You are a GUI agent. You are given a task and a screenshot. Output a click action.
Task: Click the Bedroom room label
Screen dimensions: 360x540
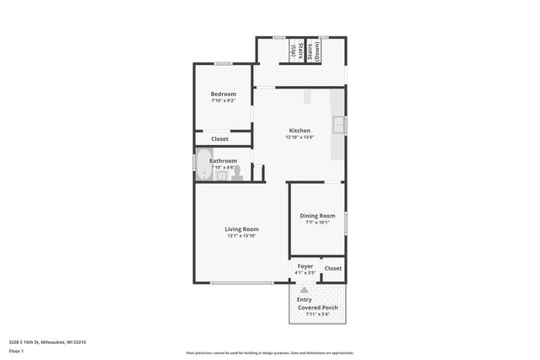(223, 94)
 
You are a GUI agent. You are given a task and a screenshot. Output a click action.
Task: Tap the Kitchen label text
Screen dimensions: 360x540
(300, 131)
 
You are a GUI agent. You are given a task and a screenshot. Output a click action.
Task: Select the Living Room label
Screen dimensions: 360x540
(241, 228)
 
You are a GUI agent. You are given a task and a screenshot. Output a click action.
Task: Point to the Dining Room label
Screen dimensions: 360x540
(317, 216)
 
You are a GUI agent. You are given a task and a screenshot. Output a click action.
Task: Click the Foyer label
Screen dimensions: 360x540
(305, 266)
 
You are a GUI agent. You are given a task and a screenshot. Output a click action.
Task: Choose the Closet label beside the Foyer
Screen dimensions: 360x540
(333, 268)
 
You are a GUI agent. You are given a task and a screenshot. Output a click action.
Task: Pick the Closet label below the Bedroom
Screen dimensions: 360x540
(219, 138)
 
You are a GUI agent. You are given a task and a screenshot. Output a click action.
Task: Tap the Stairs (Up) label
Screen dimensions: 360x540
(294, 51)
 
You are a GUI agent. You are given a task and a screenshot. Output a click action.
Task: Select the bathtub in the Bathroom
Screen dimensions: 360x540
(203, 164)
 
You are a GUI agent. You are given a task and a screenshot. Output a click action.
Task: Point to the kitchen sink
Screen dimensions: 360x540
(339, 126)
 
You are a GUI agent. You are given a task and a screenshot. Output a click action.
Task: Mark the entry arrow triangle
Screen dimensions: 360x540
(304, 288)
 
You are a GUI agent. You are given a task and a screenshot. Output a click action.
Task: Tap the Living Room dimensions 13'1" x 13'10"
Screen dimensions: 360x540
(241, 236)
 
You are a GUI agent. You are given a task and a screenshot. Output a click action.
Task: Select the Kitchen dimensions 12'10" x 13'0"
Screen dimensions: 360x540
(300, 138)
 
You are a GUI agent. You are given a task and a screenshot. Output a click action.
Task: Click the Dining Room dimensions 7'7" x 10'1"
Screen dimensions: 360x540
(317, 223)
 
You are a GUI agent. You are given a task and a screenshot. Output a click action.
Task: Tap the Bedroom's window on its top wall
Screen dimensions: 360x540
(223, 63)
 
